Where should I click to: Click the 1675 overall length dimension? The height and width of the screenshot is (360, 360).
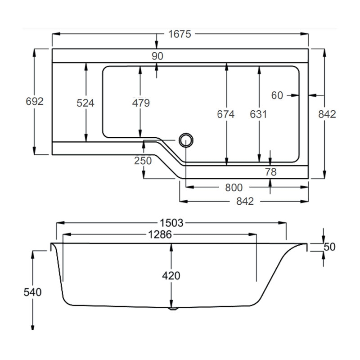tap(180, 34)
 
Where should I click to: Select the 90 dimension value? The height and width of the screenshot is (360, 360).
tap(157, 56)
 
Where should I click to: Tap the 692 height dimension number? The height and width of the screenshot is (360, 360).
tap(34, 102)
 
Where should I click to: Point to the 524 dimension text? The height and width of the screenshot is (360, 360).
tap(85, 103)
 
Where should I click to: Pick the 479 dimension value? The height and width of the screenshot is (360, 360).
tap(140, 103)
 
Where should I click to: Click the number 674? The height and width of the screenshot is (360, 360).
tap(226, 114)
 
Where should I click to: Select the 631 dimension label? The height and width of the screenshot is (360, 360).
tap(258, 114)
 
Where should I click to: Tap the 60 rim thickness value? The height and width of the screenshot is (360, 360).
tap(277, 95)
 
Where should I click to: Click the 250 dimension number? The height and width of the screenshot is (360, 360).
tap(143, 161)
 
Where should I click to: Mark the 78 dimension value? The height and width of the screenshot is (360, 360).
tap(270, 171)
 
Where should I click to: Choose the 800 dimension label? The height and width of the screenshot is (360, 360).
tap(233, 187)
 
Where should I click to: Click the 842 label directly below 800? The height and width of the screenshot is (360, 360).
tap(244, 201)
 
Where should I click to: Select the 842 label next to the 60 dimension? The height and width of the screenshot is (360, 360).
tap(327, 114)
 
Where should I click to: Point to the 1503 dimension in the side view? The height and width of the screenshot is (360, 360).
tap(171, 223)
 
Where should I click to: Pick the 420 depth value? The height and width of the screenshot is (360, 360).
tap(171, 275)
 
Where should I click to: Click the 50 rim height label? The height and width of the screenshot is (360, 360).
tap(330, 247)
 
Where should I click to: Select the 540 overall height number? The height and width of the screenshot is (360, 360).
tap(32, 292)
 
